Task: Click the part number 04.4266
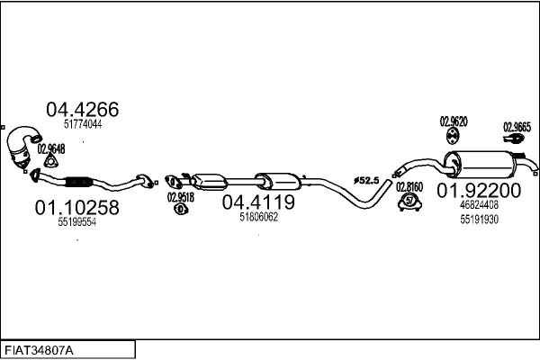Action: click(82, 110)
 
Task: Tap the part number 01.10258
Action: click(76, 208)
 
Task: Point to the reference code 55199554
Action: click(76, 222)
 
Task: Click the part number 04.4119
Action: click(258, 202)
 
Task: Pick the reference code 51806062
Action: click(258, 216)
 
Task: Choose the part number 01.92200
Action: click(479, 190)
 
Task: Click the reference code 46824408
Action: click(480, 204)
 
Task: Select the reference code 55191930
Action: click(480, 218)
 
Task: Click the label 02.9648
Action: click(52, 148)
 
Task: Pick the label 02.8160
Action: click(409, 187)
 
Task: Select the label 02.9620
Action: click(452, 121)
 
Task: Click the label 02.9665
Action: click(517, 127)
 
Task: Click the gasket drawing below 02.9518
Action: click(178, 210)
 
